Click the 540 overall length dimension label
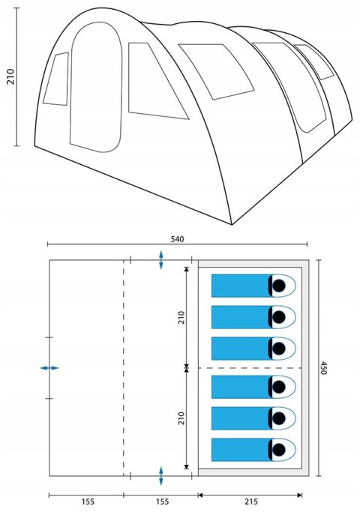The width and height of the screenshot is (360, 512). coord(178,239)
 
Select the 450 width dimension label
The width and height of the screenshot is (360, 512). coord(323,368)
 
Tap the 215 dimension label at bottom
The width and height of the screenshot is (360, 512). coord(250,502)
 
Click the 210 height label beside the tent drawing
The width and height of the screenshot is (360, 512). coord(10,76)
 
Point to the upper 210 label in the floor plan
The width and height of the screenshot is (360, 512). coord(181,317)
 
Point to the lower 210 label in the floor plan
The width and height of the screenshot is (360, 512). coord(181,418)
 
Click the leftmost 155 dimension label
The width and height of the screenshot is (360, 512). coord(88,502)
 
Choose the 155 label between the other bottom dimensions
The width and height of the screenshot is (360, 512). coord(162,502)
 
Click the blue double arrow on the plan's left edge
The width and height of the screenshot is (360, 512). coord(49,368)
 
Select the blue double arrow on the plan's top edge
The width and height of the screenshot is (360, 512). coord(161,260)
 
